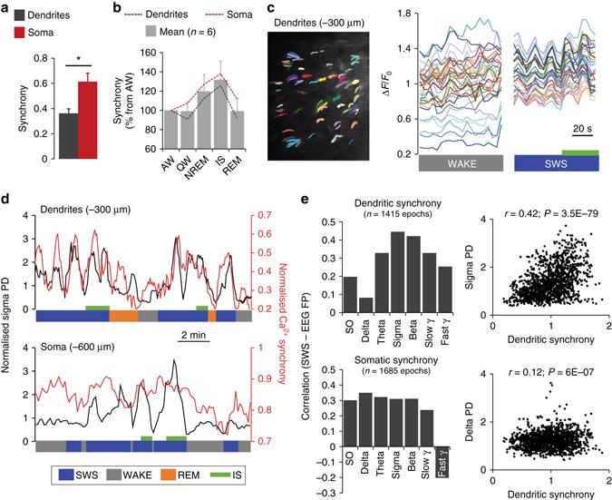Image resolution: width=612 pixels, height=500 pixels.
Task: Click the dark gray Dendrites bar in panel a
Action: [41, 120]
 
